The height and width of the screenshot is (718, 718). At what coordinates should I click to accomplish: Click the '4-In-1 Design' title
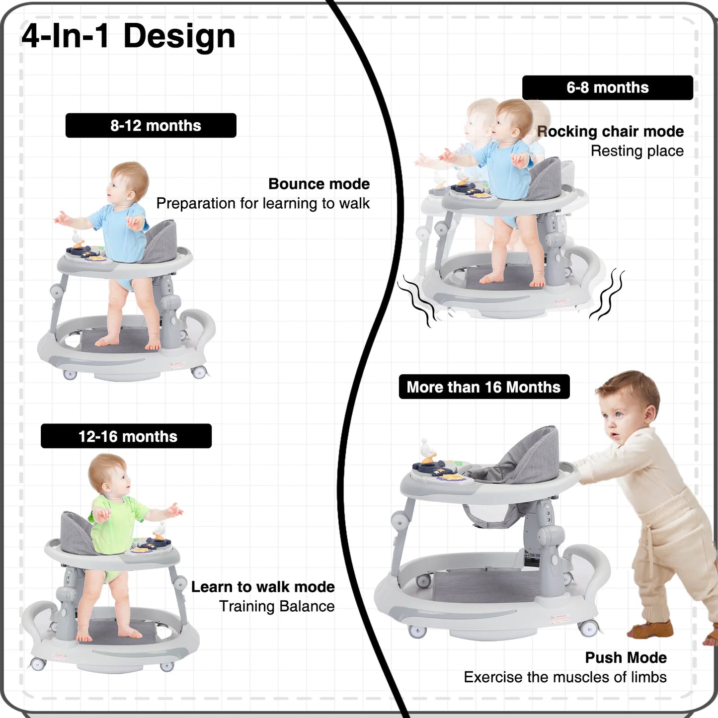pos(128,36)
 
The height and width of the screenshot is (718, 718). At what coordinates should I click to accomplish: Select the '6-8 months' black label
pos(607,88)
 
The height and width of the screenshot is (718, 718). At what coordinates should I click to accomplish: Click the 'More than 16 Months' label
pos(484,387)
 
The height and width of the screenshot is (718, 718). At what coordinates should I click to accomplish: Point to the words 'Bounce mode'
pos(319,184)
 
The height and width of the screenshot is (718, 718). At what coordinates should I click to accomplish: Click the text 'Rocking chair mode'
pos(611,132)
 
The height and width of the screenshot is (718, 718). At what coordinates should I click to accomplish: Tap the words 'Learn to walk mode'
pos(263,587)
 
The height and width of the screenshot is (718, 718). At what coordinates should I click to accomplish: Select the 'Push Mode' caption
pos(626,658)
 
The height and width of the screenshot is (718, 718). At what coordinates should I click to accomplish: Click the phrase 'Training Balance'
pos(277,606)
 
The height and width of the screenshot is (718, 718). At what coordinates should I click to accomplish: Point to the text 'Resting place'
pos(637,151)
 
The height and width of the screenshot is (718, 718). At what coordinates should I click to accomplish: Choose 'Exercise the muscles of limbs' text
pos(565,677)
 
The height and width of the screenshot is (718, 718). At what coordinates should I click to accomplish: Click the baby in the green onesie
pos(114,527)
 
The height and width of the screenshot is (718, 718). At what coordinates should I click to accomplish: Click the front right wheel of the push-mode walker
pos(589,628)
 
